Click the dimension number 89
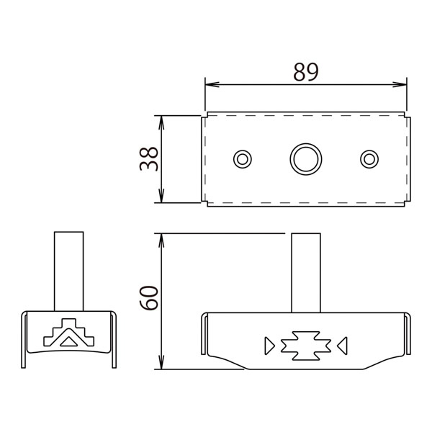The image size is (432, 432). [x=306, y=71]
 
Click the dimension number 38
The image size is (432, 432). [x=149, y=159]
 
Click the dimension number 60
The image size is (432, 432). [x=149, y=298]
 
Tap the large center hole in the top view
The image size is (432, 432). [x=306, y=144]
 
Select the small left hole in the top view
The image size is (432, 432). [x=243, y=150]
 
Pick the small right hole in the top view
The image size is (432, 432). [x=369, y=150]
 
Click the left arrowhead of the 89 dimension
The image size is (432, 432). [x=212, y=84]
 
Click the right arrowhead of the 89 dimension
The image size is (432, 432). [x=400, y=84]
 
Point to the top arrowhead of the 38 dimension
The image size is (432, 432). [x=161, y=123]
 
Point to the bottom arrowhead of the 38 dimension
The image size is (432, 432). [x=161, y=196]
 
